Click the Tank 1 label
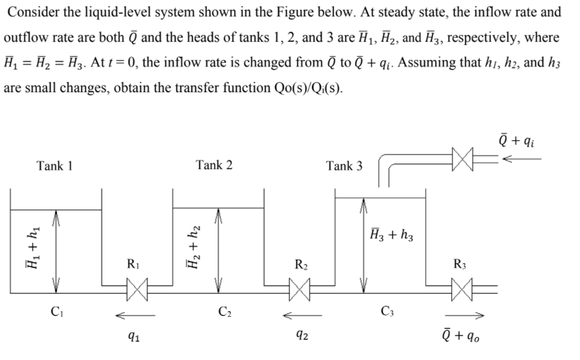55,166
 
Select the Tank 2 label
214,165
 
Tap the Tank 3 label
344,166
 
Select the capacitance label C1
58,310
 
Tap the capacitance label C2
224,310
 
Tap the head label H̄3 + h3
392,234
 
